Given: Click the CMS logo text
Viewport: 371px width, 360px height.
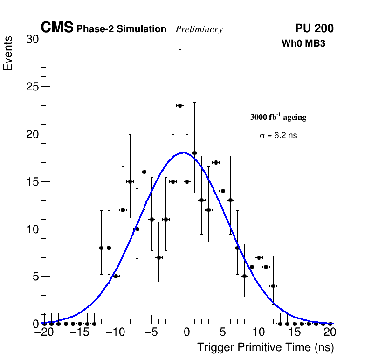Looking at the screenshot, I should (x=57, y=28).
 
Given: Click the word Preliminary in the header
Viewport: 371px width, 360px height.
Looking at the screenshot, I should (x=199, y=29).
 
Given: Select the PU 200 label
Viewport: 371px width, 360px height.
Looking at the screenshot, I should (x=314, y=28).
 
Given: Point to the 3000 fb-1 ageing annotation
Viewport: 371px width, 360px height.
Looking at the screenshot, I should (x=278, y=117).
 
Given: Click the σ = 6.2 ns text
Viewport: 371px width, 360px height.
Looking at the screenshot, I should (x=278, y=136).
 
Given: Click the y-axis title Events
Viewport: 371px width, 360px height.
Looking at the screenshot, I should (x=8, y=55).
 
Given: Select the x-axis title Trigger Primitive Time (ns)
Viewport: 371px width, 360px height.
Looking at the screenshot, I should (x=266, y=347).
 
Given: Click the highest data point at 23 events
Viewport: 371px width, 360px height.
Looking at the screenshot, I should (x=180, y=105).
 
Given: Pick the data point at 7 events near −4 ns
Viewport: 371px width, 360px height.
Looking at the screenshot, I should (x=158, y=257).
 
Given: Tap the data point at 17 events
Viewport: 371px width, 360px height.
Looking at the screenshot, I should (x=216, y=162).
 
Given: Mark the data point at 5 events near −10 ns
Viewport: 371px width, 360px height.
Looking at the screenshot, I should (x=116, y=276).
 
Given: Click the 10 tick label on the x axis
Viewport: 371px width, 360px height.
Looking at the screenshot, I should (x=258, y=333).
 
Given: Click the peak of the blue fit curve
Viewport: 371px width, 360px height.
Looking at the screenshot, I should (x=184, y=152).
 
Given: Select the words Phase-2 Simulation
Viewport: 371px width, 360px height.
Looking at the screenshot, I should (x=121, y=29).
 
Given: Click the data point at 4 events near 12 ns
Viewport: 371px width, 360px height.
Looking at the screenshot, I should (x=273, y=286).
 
